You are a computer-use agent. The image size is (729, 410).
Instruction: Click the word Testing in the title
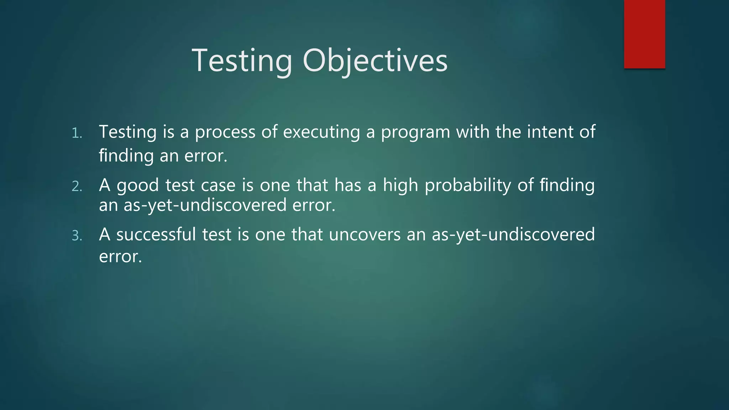pyautogui.click(x=242, y=61)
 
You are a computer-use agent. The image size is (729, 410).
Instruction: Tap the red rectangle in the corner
pyautogui.click(x=644, y=34)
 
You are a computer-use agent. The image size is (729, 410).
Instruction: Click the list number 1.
pyautogui.click(x=77, y=133)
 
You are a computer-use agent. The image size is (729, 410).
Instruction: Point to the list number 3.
pyautogui.click(x=77, y=236)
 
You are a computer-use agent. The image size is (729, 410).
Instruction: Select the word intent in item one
pyautogui.click(x=550, y=132)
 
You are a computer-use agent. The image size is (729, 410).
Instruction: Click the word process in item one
pyautogui.click(x=225, y=132)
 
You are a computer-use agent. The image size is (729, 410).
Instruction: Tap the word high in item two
pyautogui.click(x=400, y=186)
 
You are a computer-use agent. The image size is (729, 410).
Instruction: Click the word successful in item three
pyautogui.click(x=156, y=235)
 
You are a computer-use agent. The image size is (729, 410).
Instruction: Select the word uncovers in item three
pyautogui.click(x=365, y=235)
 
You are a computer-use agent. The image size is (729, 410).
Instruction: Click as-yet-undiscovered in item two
pyautogui.click(x=205, y=206)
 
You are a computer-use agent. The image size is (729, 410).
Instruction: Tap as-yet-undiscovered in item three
pyautogui.click(x=513, y=235)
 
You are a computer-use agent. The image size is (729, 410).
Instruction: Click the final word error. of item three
pyautogui.click(x=120, y=257)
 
